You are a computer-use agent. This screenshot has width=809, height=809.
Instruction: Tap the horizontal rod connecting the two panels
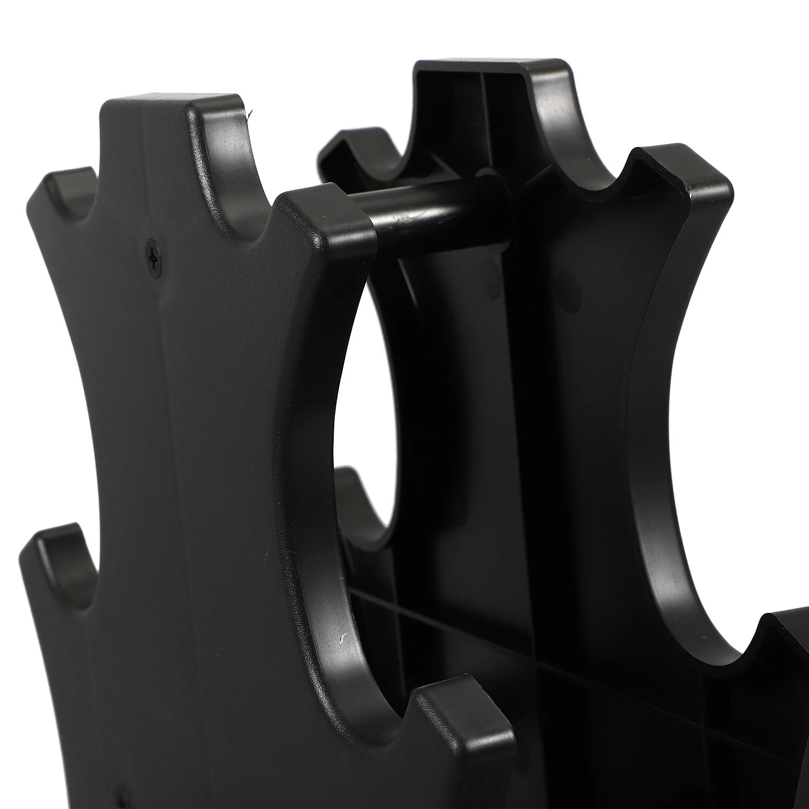click(x=435, y=215)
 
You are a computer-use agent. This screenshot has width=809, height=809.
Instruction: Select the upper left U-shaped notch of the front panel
click(x=81, y=202)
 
